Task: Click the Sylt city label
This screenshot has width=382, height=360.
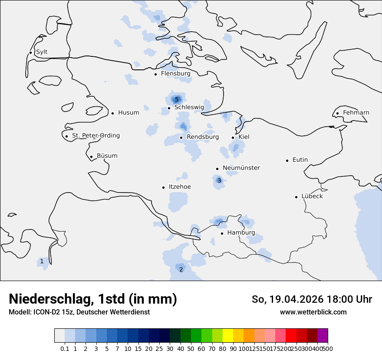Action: click(42, 52)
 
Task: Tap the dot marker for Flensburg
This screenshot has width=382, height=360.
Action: click(155, 74)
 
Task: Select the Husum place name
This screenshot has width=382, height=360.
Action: click(128, 113)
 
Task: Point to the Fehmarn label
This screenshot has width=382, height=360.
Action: click(356, 113)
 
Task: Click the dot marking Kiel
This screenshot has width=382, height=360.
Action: click(233, 137)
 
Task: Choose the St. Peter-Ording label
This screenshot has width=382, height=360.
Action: click(95, 136)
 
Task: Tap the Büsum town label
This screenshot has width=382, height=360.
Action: click(107, 156)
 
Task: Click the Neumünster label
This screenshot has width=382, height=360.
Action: click(241, 168)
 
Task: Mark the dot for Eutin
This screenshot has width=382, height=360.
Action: click(287, 160)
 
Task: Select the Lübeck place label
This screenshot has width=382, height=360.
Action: click(312, 196)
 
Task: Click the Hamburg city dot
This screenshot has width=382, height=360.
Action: click(222, 233)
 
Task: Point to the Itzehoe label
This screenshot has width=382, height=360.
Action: click(180, 187)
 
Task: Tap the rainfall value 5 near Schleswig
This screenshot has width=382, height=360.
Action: click(177, 100)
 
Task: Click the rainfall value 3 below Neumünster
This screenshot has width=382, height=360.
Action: click(219, 180)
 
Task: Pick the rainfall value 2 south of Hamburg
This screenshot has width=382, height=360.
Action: click(181, 269)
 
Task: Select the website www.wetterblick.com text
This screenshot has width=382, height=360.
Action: click(313, 312)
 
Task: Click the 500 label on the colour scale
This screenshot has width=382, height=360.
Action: click(328, 348)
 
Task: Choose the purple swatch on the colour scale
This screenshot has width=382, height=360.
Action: click(323, 336)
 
